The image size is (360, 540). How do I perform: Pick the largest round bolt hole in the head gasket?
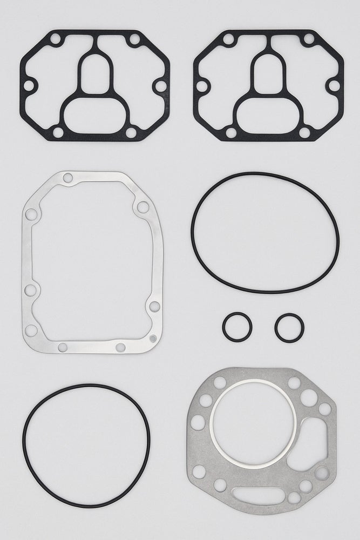(x=309, y=398)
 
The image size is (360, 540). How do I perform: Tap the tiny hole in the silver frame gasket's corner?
(x=153, y=338)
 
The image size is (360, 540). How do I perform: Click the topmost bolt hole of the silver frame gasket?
(x=67, y=178)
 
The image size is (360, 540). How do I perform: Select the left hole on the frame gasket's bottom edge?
(x=62, y=347)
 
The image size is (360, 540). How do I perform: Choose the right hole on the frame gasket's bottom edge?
(x=120, y=347)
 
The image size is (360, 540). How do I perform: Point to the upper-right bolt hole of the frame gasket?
(x=142, y=207)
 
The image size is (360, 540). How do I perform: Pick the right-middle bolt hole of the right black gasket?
(x=334, y=86)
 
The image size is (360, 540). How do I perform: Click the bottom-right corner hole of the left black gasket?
(x=131, y=132)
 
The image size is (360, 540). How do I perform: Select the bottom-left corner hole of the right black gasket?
(x=230, y=132)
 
